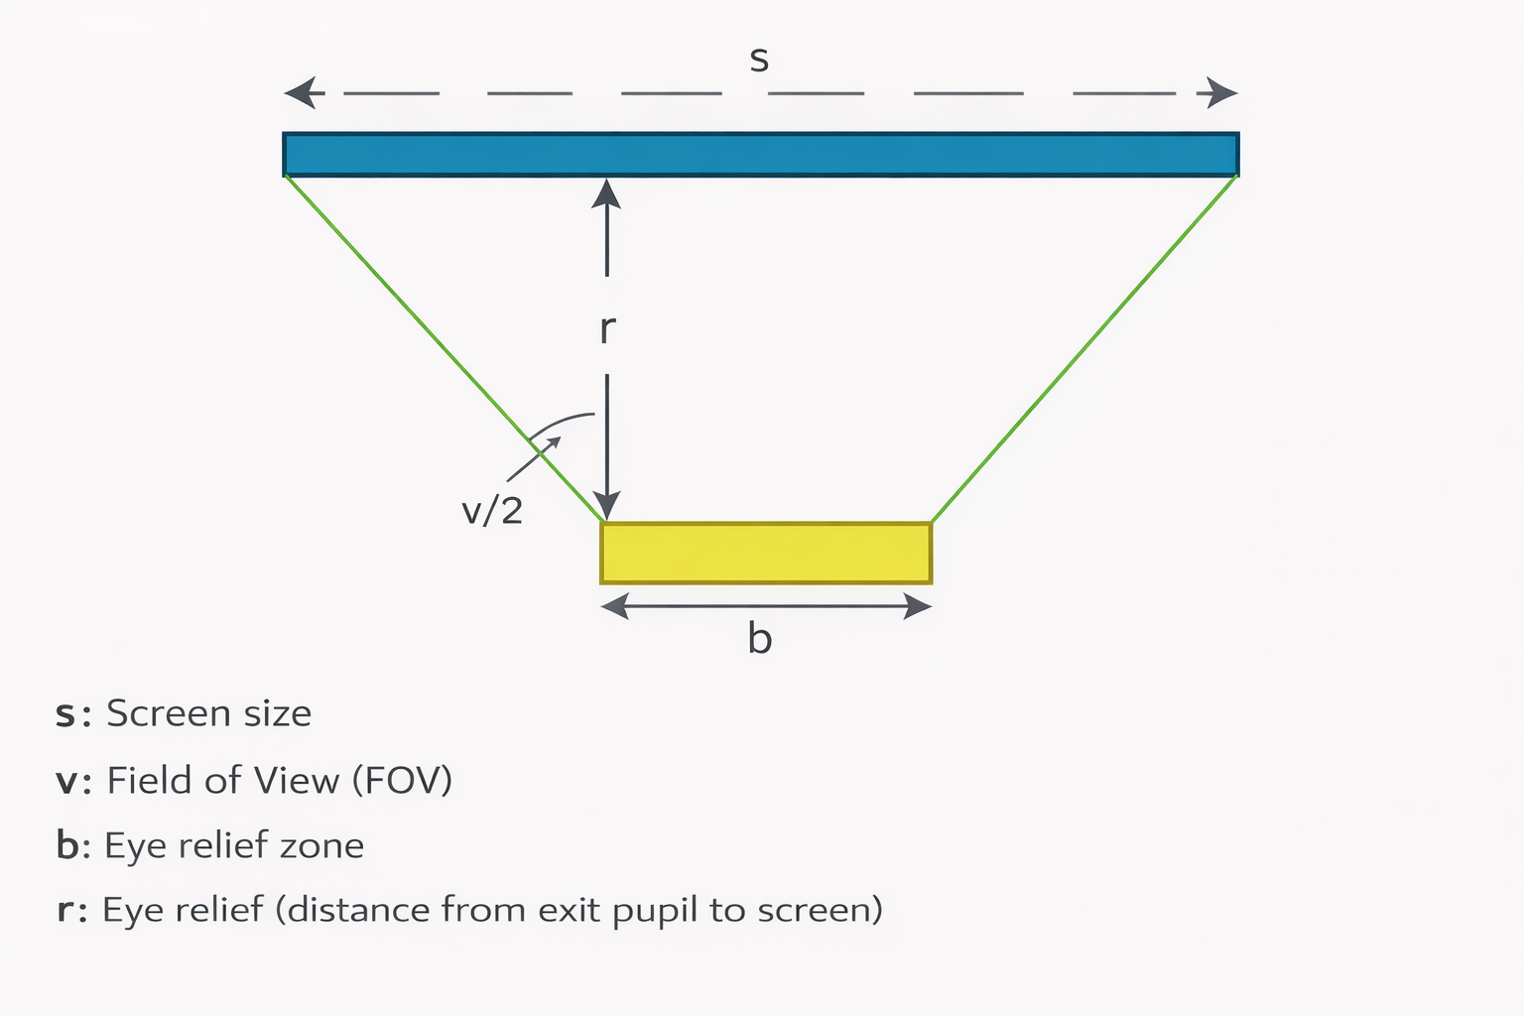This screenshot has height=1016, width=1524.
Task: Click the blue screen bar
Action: tap(760, 155)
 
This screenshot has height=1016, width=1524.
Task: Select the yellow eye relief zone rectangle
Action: tap(766, 553)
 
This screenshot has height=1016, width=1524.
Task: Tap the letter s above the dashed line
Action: tap(759, 61)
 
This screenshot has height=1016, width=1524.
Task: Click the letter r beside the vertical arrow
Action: tap(607, 328)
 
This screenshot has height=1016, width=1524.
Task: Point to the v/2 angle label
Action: tap(492, 510)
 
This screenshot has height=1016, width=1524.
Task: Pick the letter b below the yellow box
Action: tap(759, 638)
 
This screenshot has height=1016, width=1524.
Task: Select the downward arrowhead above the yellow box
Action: tap(606, 505)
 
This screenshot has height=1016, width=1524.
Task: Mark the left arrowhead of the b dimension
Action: tap(614, 606)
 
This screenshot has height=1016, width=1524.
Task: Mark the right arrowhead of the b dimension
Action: tap(918, 606)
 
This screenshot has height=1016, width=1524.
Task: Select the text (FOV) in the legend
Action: tap(402, 781)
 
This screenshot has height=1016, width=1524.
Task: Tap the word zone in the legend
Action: tap(321, 846)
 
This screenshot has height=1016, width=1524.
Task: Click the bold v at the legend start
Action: tap(66, 782)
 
